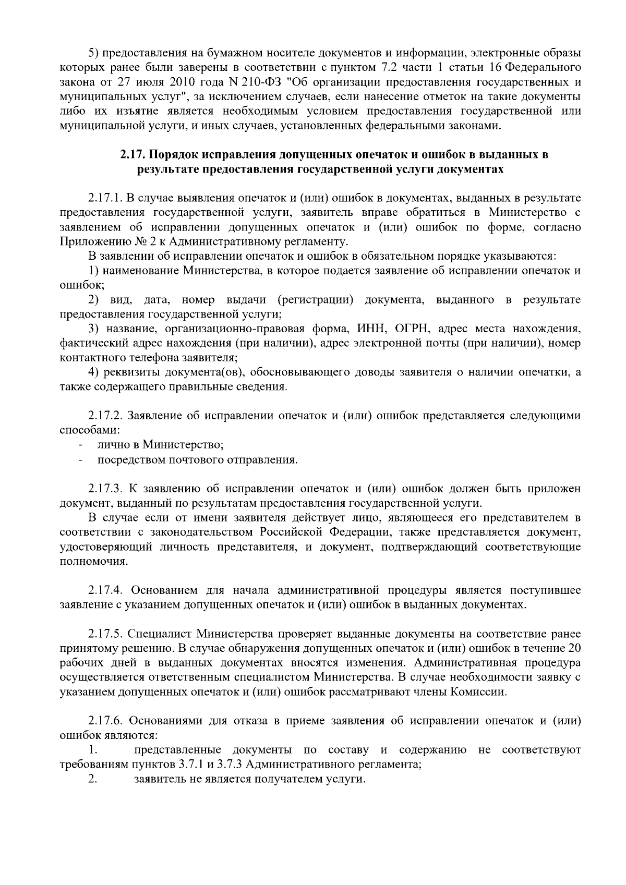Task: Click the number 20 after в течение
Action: pos(574,648)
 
